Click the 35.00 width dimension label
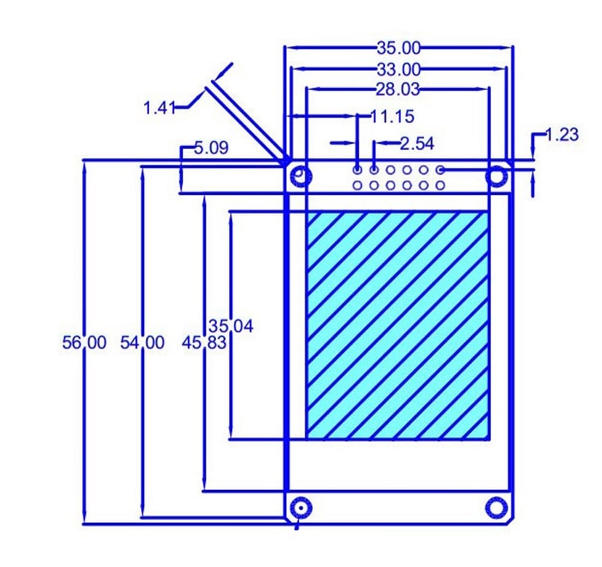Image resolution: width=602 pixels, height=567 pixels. click(x=399, y=47)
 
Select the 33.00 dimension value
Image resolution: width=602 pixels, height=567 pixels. click(x=399, y=69)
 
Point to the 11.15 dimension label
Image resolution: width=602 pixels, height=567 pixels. click(x=392, y=116)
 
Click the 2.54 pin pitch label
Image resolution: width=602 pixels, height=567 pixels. click(x=417, y=143)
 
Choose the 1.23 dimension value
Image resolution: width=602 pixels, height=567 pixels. click(x=562, y=135)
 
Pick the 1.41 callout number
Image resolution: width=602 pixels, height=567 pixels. click(x=158, y=108)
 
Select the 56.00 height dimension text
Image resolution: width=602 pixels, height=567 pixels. click(x=84, y=343)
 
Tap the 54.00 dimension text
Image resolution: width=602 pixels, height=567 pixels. click(x=142, y=343)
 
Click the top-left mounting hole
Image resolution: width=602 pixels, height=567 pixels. click(x=300, y=176)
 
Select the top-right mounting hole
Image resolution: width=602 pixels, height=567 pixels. click(x=497, y=176)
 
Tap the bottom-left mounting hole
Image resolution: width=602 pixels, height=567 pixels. click(x=300, y=508)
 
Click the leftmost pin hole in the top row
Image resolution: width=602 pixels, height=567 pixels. click(x=358, y=170)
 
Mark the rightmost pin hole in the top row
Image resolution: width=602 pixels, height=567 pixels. click(x=441, y=170)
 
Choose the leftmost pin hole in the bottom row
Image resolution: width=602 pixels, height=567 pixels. click(x=358, y=185)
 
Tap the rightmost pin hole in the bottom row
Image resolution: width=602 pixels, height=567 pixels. click(x=441, y=185)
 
